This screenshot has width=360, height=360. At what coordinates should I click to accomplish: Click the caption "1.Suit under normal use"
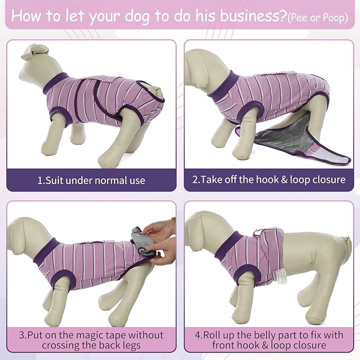pos(91,180)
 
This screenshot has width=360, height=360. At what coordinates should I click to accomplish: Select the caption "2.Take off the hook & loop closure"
pos(269,180)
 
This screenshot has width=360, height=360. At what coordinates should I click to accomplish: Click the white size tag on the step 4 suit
pos(279,279)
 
